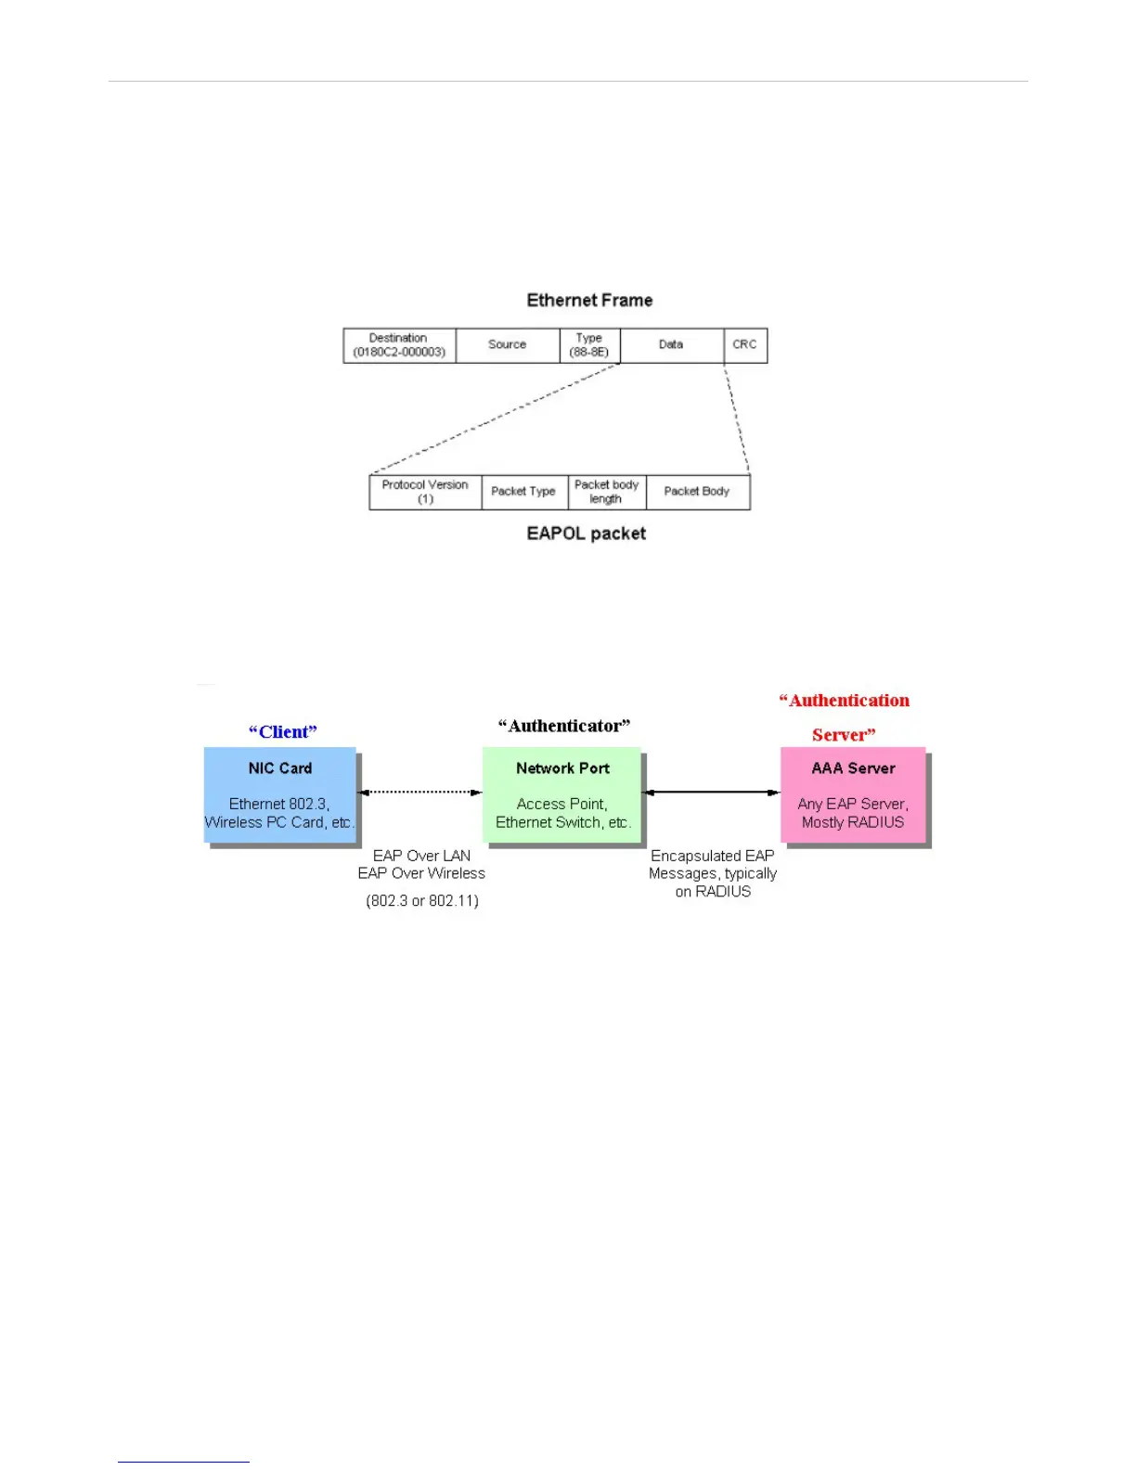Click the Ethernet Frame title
589,300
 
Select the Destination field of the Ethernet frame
399,345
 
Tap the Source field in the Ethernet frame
507,344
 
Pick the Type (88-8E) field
589,345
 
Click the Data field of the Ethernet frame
671,344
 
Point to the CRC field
744,344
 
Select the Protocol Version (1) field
425,492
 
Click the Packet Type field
523,492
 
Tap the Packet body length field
606,492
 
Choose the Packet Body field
697,492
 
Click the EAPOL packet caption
586,534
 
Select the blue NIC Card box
279,794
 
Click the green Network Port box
562,794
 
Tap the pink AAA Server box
853,794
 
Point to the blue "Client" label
283,732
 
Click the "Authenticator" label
564,726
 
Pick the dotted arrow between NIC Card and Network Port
420,792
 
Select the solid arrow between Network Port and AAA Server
712,792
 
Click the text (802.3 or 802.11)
422,901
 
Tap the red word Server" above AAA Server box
844,735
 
